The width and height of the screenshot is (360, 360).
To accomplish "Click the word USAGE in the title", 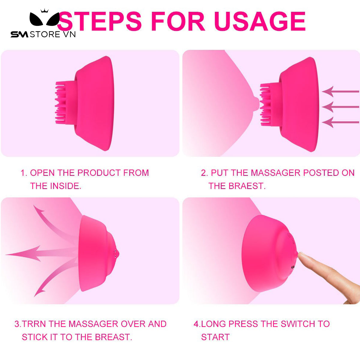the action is pos(260,21).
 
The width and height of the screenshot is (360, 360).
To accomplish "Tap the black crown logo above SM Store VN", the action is pos(44,18).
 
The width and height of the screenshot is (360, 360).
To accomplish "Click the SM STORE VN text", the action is pos(43,34).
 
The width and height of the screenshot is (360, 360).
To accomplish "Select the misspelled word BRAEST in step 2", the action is pos(246,186).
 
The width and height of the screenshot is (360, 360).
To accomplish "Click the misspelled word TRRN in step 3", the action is pos(34,324).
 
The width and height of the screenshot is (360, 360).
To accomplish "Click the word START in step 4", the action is pos(215,337).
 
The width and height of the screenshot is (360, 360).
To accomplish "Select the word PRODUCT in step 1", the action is pos(99,173).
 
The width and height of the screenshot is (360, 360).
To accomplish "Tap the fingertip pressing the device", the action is pos(301,255).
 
